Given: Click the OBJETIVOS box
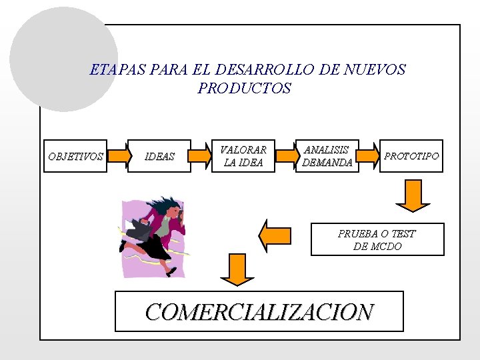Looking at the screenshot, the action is coord(75,156).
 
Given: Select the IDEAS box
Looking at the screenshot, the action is coord(160,156).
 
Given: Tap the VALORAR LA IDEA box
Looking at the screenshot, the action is coord(243,156).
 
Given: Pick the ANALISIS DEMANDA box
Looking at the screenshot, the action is coord(327,156).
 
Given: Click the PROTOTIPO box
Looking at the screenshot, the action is coord(411,156).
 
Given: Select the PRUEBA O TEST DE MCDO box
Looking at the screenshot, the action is coord(377,239).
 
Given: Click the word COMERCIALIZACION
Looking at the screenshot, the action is coord(259,311).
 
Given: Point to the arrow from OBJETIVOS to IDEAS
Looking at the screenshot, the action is coord(119,156).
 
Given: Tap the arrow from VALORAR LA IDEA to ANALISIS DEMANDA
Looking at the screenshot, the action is coord(286,156).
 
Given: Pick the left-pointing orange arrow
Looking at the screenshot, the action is coord(279,236).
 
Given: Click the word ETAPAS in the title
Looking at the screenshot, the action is coord(111,69).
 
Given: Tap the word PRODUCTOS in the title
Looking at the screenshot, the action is coord(245,88).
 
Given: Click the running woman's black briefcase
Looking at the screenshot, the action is coord(140,230).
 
